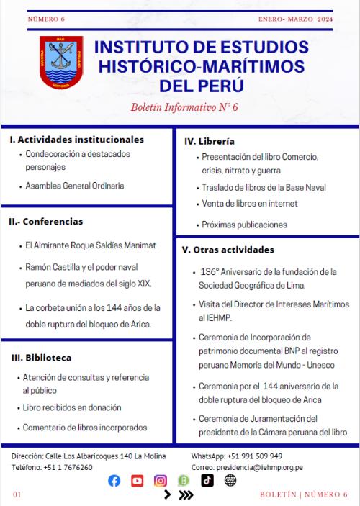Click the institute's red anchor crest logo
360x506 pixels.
(61, 63)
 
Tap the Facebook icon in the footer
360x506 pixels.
(114, 481)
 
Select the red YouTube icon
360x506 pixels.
(137, 481)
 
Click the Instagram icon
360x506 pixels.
(161, 481)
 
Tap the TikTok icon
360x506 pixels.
(207, 481)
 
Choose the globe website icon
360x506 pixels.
(230, 481)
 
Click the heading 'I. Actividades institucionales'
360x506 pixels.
(77, 140)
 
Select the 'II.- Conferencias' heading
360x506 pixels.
(46, 221)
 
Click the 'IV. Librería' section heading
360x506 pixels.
(210, 141)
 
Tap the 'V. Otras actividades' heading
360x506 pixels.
(228, 250)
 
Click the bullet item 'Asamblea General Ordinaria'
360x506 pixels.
(75, 186)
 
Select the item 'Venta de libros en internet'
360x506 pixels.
(250, 204)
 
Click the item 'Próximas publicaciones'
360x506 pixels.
(244, 225)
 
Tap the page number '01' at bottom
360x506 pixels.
(17, 494)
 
